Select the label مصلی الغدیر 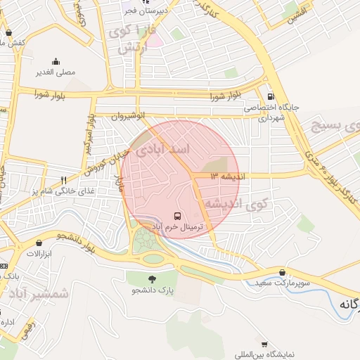click(56, 72)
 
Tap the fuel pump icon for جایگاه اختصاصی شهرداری click(270, 96)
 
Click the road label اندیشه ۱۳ click(225, 176)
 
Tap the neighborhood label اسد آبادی click(162, 150)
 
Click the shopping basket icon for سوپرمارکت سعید click(283, 273)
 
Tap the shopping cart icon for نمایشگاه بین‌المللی click(264, 345)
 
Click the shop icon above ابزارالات click(39, 243)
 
